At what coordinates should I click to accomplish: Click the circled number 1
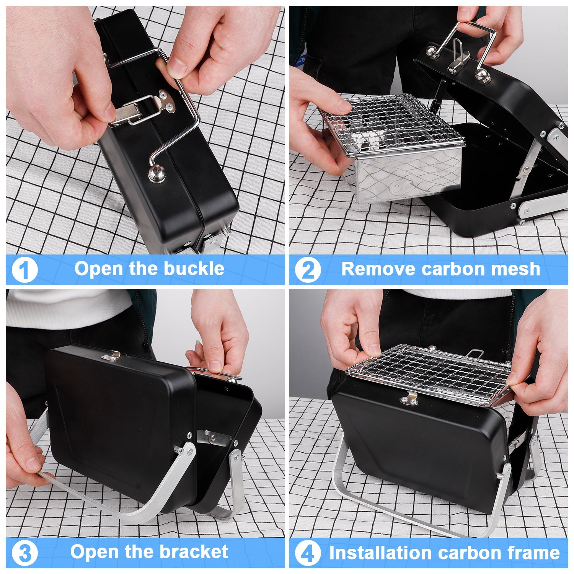click(x=24, y=270)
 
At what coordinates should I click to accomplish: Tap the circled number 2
click(x=308, y=270)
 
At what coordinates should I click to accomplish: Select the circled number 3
click(x=24, y=553)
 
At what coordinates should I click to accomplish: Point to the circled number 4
click(x=308, y=553)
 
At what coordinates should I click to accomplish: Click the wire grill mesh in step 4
click(x=429, y=373)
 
